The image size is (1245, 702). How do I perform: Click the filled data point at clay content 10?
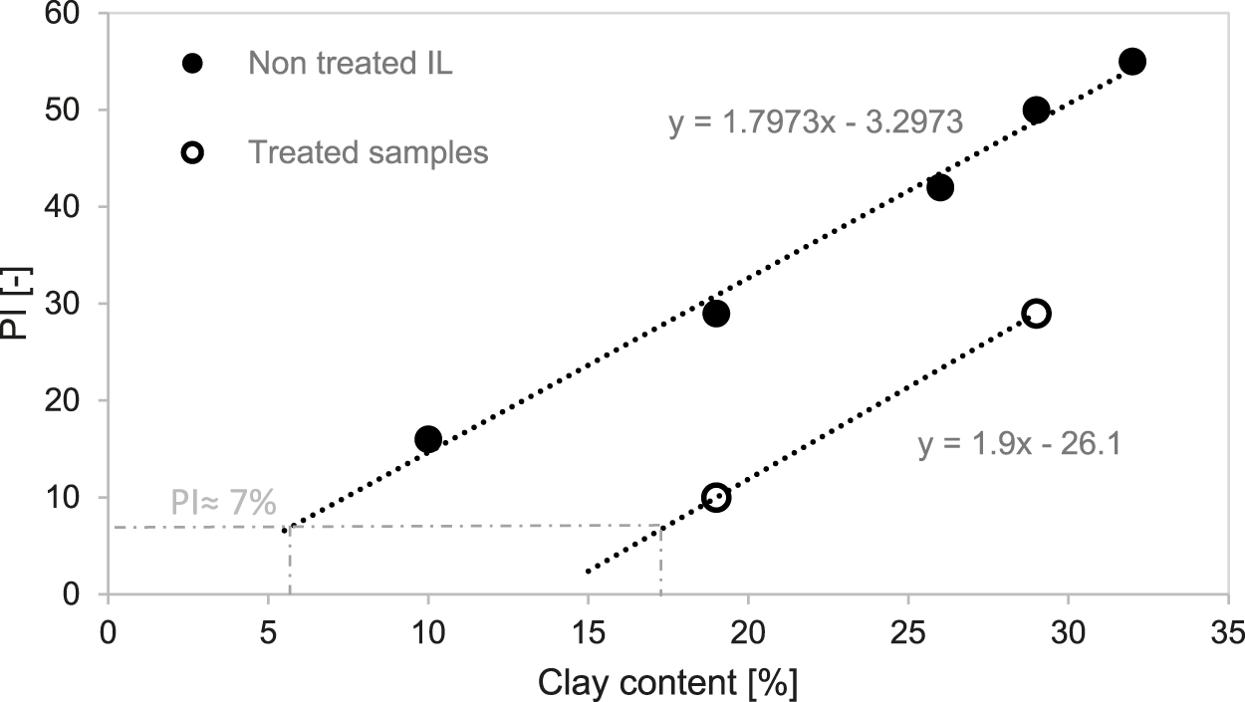tap(428, 439)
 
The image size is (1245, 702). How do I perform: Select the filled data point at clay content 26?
tap(940, 187)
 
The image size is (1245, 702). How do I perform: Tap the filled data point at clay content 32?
tap(1132, 62)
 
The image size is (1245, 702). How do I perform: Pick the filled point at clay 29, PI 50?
tap(1036, 110)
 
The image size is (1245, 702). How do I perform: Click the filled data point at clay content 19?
tap(716, 314)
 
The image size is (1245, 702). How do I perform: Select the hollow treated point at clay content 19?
tap(716, 498)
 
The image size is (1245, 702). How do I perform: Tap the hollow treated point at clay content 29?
tap(1036, 314)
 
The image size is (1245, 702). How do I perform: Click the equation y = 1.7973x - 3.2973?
tap(816, 122)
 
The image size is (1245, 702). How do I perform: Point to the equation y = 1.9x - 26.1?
tap(1020, 444)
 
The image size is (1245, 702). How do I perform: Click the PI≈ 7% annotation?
tap(222, 504)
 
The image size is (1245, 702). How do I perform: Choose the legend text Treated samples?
tap(368, 152)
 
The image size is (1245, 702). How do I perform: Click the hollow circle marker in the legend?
tap(193, 152)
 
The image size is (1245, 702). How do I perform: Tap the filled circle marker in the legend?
tap(193, 64)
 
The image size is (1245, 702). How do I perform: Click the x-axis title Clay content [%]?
tap(668, 683)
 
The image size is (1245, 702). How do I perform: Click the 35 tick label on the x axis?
tap(1228, 633)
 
